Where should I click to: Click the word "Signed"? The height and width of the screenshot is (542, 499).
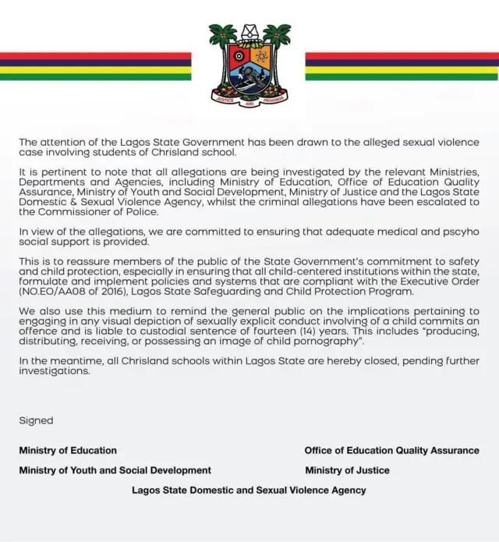pyautogui.click(x=36, y=420)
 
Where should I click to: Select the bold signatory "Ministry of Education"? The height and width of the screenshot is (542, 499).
pyautogui.click(x=68, y=450)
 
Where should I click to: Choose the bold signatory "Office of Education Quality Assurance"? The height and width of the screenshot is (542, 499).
pyautogui.click(x=391, y=450)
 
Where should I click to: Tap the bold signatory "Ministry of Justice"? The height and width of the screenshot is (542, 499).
pyautogui.click(x=347, y=470)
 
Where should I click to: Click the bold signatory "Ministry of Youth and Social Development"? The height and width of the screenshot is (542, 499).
pyautogui.click(x=115, y=470)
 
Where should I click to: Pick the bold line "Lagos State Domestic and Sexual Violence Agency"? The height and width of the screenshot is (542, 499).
pyautogui.click(x=249, y=491)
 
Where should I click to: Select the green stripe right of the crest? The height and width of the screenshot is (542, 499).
pyautogui.click(x=401, y=76)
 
